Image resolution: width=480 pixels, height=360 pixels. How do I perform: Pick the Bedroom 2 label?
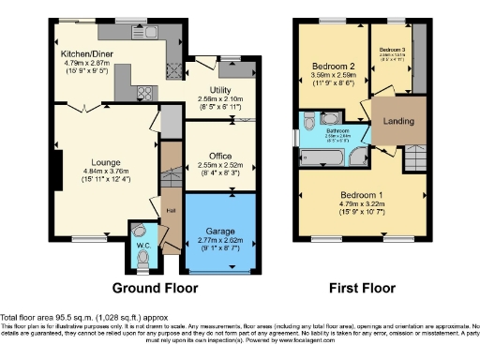[332, 66]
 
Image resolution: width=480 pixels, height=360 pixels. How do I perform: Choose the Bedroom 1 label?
[362, 195]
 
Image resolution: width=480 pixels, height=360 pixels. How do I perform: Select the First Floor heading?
[362, 287]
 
